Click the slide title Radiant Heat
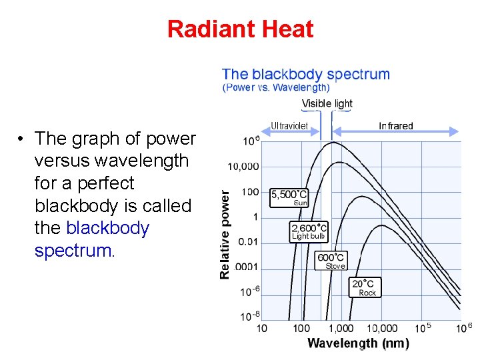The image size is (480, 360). pyautogui.click(x=240, y=29)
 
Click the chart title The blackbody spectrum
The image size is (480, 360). pyautogui.click(x=306, y=74)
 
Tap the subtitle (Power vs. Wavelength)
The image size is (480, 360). pyautogui.click(x=276, y=87)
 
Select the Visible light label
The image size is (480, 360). pyautogui.click(x=327, y=103)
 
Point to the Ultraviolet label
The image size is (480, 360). pyautogui.click(x=289, y=125)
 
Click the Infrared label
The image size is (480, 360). pyautogui.click(x=396, y=125)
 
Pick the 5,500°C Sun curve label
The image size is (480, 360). pyautogui.click(x=289, y=198)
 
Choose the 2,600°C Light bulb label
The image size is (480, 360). pyautogui.click(x=309, y=231)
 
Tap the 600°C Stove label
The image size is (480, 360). pyautogui.click(x=331, y=261)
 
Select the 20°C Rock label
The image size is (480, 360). pyautogui.click(x=365, y=287)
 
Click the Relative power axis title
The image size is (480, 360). pyautogui.click(x=226, y=233)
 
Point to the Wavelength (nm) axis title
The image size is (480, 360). pyautogui.click(x=358, y=343)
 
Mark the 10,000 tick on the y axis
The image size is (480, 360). pyautogui.click(x=243, y=167)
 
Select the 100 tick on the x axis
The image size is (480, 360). pyautogui.click(x=301, y=328)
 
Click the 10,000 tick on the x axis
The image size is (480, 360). pyautogui.click(x=382, y=328)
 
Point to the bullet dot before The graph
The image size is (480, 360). pyautogui.click(x=22, y=139)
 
